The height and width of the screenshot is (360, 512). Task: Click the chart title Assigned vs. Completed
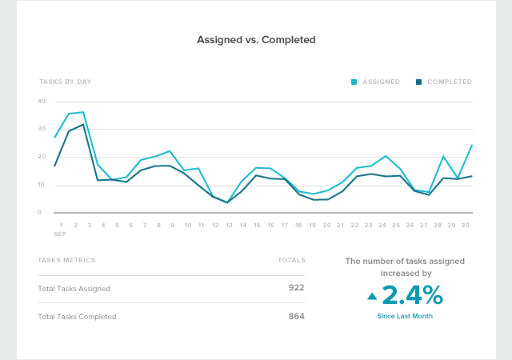point(255,38)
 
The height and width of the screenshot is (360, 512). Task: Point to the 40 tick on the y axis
point(41,102)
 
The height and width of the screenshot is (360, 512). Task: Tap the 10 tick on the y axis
point(41,185)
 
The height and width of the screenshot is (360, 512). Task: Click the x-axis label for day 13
point(230,226)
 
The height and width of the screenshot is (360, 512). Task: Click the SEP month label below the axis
point(61,235)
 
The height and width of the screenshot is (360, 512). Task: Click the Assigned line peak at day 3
point(82,112)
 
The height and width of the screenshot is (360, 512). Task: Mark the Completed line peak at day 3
point(82,124)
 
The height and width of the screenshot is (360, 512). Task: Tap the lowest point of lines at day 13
point(228,202)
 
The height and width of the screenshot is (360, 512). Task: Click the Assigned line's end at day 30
point(472,145)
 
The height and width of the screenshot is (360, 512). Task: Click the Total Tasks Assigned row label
point(74,288)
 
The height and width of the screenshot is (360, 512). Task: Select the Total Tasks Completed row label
point(77,317)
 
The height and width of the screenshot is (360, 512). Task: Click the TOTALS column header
point(291,260)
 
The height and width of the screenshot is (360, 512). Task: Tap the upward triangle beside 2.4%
point(372,297)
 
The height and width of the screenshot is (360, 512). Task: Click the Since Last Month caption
point(405,316)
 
